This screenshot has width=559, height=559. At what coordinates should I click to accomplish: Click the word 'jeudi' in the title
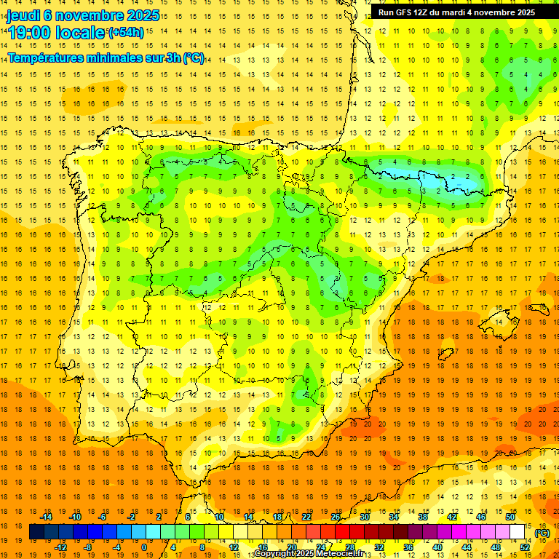point(23,15)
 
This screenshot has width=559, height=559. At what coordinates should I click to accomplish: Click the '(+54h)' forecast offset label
point(125,33)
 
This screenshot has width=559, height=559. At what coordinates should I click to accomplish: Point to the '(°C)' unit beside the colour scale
point(542,533)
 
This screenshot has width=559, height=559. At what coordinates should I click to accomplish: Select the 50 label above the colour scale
point(510,517)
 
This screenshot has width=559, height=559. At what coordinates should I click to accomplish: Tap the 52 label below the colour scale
point(525,547)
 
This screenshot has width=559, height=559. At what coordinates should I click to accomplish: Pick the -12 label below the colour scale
point(61,547)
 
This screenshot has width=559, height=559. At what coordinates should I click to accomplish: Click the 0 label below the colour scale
point(144,547)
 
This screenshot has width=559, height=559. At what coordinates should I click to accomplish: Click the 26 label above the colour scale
point(336,517)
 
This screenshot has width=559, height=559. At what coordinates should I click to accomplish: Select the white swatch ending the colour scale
point(518,532)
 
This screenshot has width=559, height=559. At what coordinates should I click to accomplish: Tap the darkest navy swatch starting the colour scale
point(36,532)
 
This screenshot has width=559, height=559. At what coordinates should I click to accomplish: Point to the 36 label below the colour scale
point(408,547)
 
